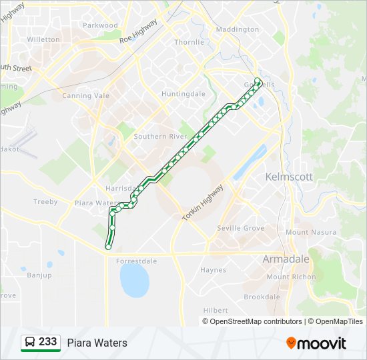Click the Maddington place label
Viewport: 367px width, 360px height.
[237, 29]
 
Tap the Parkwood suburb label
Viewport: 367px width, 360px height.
[100, 25]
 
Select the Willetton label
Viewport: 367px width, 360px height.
[43, 39]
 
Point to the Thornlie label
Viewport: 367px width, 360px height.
[189, 42]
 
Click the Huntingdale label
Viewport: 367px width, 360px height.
[183, 94]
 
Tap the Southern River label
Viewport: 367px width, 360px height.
[159, 137]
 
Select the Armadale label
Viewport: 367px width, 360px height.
[286, 259]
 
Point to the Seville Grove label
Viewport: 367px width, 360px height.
[240, 228]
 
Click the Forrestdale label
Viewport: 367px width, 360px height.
[136, 261]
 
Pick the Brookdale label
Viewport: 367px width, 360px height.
[262, 297]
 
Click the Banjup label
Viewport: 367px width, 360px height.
[39, 275]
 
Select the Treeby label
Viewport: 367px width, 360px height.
[45, 201]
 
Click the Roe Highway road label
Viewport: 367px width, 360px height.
[138, 31]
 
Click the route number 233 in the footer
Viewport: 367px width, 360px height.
[47, 342]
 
